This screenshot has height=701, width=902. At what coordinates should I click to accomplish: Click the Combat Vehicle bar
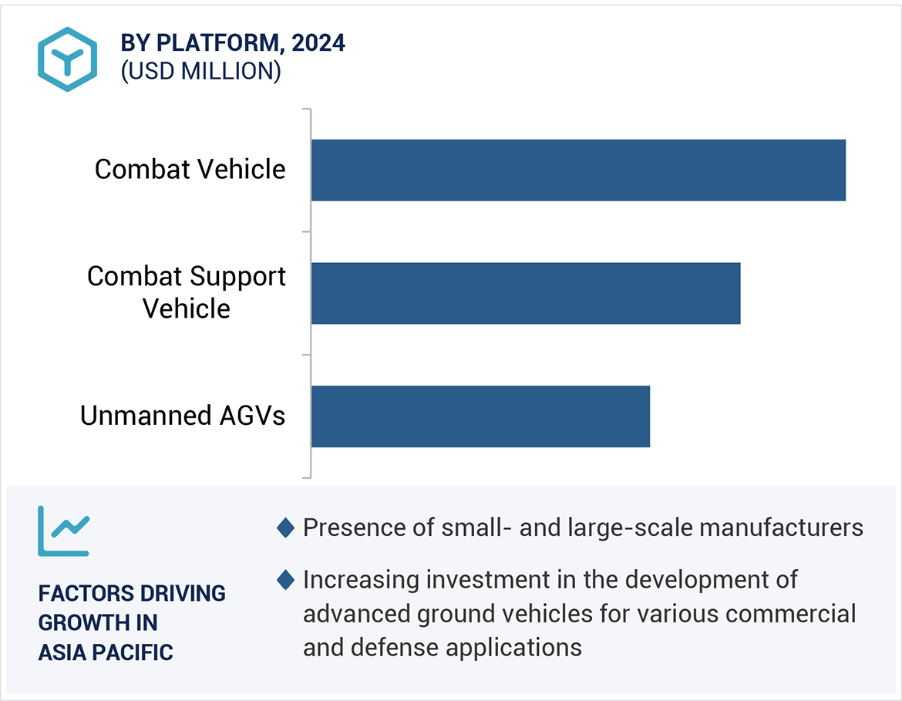pyautogui.click(x=578, y=170)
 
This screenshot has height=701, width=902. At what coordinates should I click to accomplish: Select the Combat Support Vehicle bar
pyautogui.click(x=526, y=293)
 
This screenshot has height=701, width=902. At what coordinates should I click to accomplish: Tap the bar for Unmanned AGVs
pyautogui.click(x=480, y=416)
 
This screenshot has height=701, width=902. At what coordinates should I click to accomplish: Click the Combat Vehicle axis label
pyautogui.click(x=190, y=170)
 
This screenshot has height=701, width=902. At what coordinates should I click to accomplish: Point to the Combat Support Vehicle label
pyautogui.click(x=187, y=292)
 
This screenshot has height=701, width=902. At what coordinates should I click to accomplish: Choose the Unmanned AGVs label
pyautogui.click(x=183, y=416)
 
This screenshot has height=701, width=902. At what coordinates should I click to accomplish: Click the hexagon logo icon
pyautogui.click(x=68, y=59)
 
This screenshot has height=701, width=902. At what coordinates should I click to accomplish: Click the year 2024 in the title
pyautogui.click(x=318, y=44)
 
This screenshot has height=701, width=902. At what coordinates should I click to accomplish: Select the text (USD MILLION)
pyautogui.click(x=200, y=71)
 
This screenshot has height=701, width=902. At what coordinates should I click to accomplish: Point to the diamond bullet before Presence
pyautogui.click(x=286, y=528)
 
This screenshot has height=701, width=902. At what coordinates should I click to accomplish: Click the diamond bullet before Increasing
pyautogui.click(x=286, y=580)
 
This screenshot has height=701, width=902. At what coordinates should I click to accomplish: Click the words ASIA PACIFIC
pyautogui.click(x=106, y=652)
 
